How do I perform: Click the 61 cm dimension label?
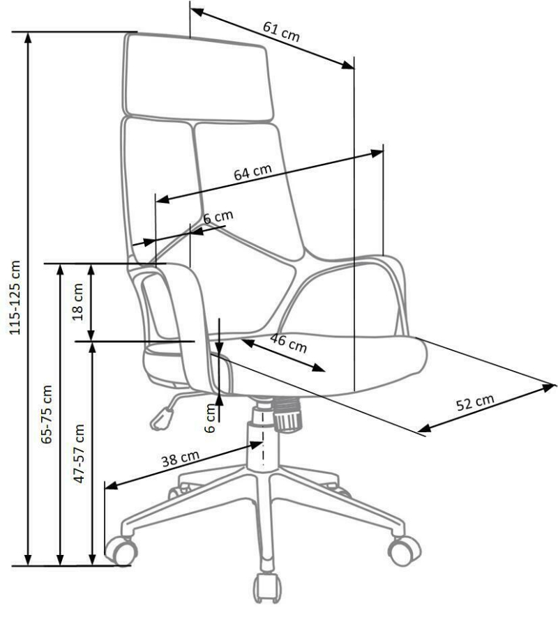(x=281, y=31)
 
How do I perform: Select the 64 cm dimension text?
(x=252, y=172)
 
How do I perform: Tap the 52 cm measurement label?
(x=475, y=402)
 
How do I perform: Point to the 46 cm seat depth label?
(x=289, y=343)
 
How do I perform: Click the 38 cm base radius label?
(x=181, y=459)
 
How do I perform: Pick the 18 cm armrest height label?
(x=78, y=302)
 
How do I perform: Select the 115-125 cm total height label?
(x=15, y=298)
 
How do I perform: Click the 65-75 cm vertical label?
(x=47, y=414)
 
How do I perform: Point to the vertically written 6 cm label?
(x=211, y=418)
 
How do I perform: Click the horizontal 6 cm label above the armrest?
(x=218, y=216)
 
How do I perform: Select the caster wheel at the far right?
(x=404, y=549)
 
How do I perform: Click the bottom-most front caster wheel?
(x=267, y=588)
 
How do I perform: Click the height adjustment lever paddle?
(x=162, y=419)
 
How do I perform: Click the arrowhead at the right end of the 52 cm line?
(x=549, y=387)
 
